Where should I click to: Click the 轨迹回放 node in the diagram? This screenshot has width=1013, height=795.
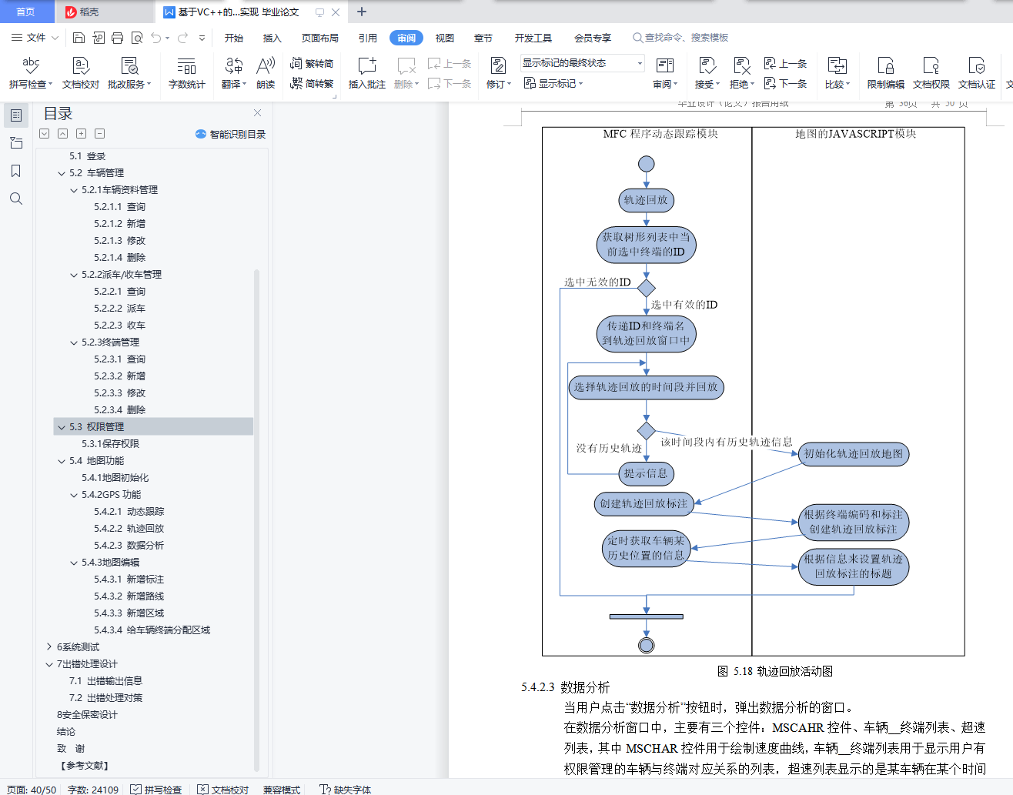[x=646, y=200]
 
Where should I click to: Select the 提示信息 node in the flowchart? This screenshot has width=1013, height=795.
[x=646, y=473]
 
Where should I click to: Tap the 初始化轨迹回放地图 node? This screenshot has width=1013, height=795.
[x=854, y=454]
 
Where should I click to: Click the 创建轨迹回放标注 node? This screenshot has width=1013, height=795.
[x=644, y=504]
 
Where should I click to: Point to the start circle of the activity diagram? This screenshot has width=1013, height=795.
[x=647, y=164]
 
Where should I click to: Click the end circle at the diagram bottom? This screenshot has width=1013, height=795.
[x=647, y=645]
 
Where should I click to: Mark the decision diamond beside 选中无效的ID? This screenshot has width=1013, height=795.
[x=647, y=288]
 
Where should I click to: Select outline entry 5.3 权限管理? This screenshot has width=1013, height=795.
[x=96, y=426]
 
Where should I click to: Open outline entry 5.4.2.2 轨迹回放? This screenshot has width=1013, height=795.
[x=129, y=528]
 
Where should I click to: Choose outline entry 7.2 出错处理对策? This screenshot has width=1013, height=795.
[x=105, y=697]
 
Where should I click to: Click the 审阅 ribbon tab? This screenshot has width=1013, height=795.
[x=406, y=38]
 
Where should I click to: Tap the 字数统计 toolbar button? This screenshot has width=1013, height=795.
[x=187, y=72]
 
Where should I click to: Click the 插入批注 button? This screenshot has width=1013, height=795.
[x=367, y=72]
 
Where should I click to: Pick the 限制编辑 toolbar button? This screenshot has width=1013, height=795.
[x=886, y=72]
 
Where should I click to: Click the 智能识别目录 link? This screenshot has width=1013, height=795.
[x=231, y=134]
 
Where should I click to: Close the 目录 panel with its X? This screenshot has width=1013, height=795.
[x=257, y=113]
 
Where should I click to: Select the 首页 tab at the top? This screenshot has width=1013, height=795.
[x=25, y=12]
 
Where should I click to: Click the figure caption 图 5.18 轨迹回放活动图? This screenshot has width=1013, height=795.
[x=775, y=671]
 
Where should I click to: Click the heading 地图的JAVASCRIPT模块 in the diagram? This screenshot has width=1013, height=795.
[x=855, y=134]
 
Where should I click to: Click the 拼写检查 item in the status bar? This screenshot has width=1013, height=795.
[x=156, y=789]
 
